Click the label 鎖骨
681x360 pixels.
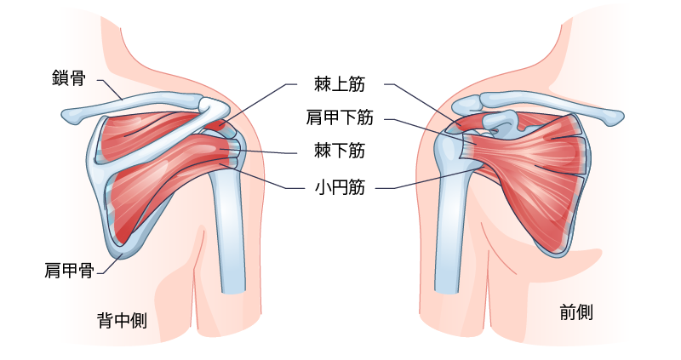click(x=69, y=78)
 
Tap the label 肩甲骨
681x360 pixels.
click(x=70, y=270)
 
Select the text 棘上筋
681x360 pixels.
click(x=340, y=83)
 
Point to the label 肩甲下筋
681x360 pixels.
click(x=340, y=117)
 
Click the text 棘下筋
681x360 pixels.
click(x=340, y=151)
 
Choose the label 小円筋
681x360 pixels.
click(x=340, y=187)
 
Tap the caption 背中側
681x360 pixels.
click(x=122, y=321)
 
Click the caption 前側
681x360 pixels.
click(x=576, y=312)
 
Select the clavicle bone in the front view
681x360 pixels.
click(x=543, y=103)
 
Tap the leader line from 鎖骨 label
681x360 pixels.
click(x=110, y=90)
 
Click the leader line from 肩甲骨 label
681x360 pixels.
click(x=112, y=265)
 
